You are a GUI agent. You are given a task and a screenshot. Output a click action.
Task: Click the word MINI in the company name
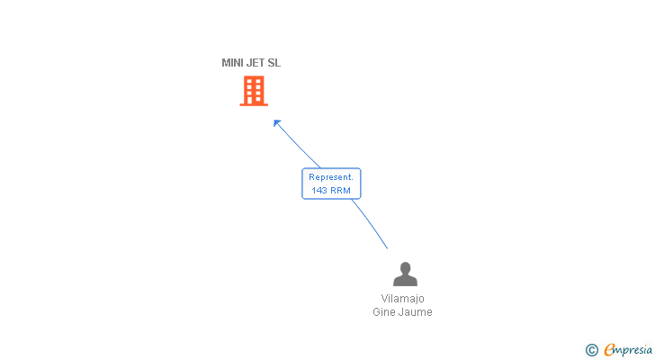[232, 63]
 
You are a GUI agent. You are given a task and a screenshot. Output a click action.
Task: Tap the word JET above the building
[256, 63]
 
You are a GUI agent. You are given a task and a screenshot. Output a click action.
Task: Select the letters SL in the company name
[274, 63]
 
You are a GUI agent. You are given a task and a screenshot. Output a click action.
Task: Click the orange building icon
[254, 91]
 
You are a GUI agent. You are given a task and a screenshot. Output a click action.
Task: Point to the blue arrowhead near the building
[277, 122]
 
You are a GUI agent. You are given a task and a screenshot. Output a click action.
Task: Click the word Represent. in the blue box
[331, 177]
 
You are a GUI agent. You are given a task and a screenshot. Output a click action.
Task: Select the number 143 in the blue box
[319, 190]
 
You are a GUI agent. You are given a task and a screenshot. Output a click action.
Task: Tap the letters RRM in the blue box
[339, 190]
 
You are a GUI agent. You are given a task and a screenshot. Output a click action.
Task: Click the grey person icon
[405, 274]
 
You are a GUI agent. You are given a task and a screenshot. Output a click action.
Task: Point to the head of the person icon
[405, 267]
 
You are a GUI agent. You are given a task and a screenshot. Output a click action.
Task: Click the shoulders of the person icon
[405, 281]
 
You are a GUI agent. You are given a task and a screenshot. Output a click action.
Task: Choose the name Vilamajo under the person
[402, 299]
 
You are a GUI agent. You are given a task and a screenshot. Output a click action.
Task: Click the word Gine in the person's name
[385, 312]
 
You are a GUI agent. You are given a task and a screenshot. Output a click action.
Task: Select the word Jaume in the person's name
[416, 312]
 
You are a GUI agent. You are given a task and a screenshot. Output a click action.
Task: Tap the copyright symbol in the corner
[591, 349]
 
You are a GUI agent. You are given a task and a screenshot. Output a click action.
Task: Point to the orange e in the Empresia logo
[609, 349]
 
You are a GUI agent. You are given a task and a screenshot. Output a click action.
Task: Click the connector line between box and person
[370, 224]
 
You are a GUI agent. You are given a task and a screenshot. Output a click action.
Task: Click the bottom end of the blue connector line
[387, 248]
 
